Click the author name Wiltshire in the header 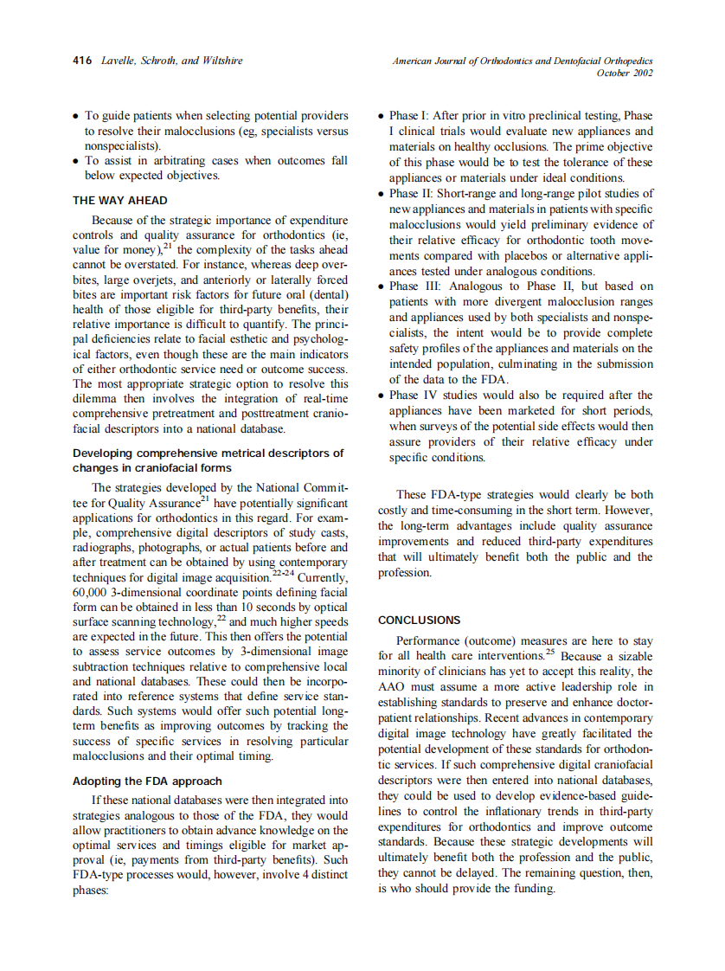[x=218, y=61]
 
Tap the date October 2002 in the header [x=625, y=74]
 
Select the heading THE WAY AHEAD [x=120, y=201]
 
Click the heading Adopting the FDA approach [x=147, y=781]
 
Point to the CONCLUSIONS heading [x=420, y=621]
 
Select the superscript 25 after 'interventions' [x=551, y=653]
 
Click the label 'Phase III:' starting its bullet [x=418, y=286]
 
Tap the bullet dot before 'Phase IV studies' [x=382, y=396]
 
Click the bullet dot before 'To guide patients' [x=77, y=116]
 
